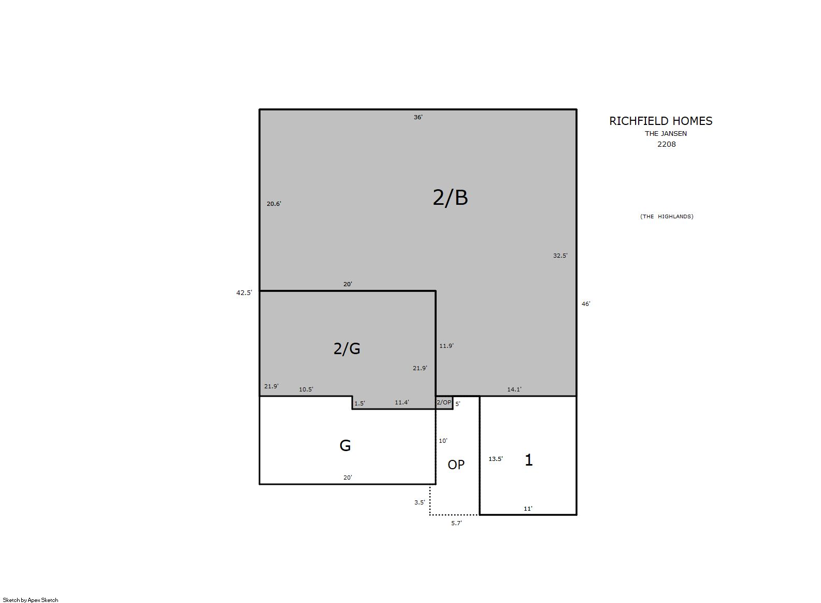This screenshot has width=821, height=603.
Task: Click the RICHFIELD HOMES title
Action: [660, 121]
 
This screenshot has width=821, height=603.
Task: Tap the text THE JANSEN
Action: [666, 134]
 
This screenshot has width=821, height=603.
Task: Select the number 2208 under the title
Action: [666, 144]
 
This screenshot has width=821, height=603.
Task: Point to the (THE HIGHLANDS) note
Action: [667, 216]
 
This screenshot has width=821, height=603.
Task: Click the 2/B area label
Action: [450, 198]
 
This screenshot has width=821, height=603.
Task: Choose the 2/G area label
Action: [347, 348]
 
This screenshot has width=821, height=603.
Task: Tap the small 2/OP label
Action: [444, 402]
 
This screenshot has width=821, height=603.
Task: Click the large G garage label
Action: [345, 446]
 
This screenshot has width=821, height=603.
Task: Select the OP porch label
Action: [456, 465]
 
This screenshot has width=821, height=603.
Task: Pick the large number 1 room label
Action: [528, 459]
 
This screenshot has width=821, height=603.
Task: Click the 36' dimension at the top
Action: [418, 117]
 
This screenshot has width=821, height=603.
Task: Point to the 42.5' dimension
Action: [244, 293]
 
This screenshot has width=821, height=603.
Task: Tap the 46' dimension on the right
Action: [586, 304]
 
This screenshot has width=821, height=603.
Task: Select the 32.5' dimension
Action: [560, 256]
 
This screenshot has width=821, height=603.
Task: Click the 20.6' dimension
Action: [274, 204]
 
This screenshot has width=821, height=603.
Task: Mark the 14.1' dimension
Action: [514, 389]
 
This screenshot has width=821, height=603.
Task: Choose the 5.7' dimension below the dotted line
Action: [456, 523]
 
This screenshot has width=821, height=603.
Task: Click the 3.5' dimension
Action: [420, 502]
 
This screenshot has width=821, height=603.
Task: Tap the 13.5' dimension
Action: [496, 459]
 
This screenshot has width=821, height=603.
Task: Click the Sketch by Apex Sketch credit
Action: [31, 600]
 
